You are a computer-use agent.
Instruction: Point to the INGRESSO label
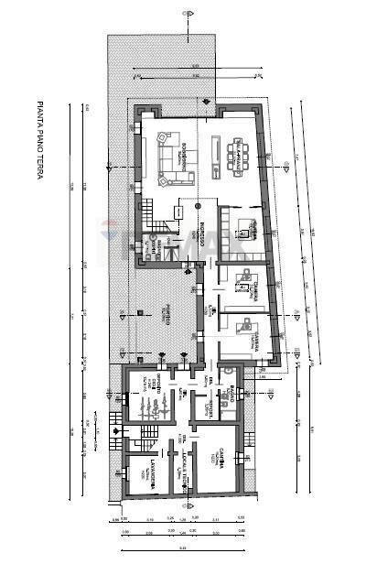(x=195, y=220)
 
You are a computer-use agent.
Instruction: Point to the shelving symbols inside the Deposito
(x=151, y=403)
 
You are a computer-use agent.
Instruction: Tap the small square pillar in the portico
(x=137, y=312)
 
